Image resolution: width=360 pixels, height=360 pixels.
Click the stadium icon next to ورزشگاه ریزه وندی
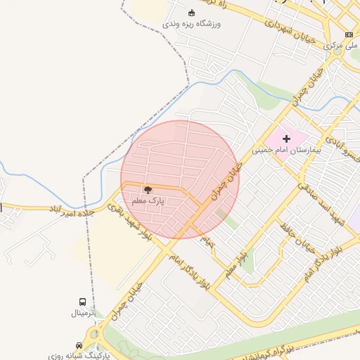[x=192, y=13]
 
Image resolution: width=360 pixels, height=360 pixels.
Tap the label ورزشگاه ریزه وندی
[x=191, y=24]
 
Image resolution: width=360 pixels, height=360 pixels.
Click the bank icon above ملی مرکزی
[x=349, y=35]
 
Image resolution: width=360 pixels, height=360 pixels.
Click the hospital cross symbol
[x=286, y=139]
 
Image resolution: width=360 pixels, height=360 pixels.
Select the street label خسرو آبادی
[x=344, y=150]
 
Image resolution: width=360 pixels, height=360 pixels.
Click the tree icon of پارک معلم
[x=148, y=189]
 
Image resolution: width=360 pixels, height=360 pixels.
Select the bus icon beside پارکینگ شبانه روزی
[x=79, y=345]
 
